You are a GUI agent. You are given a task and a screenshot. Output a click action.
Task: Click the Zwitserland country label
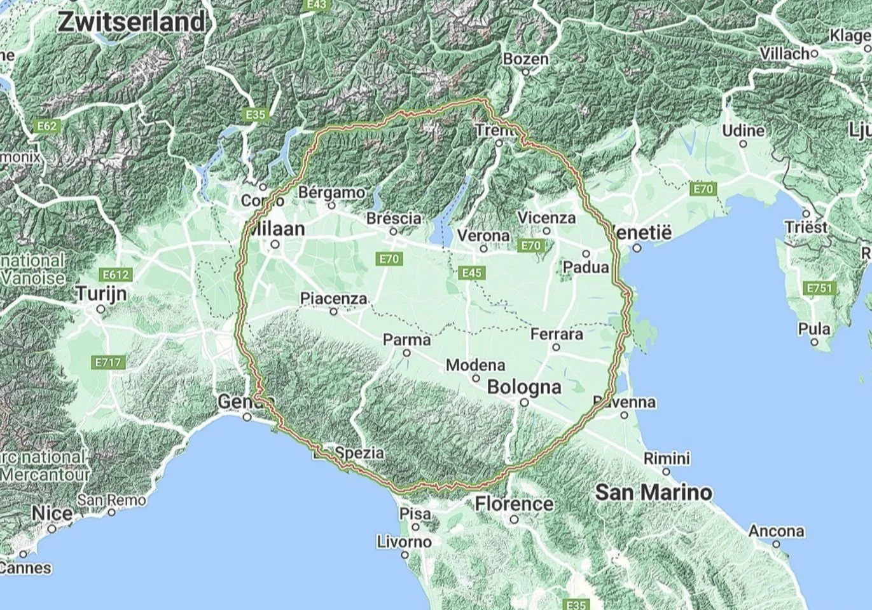[132, 22]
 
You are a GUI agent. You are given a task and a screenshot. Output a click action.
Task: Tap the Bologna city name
[524, 387]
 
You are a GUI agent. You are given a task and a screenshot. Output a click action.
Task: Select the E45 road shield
[472, 273]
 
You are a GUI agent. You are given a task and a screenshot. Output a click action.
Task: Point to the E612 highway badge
[115, 275]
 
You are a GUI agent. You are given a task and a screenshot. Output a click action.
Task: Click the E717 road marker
[107, 362]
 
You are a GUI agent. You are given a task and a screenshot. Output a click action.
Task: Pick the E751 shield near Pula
[819, 288]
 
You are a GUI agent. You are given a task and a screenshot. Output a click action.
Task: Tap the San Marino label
[654, 492]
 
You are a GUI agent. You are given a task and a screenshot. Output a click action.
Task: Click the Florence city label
[514, 504]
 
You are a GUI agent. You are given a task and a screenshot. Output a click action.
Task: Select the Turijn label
[100, 294]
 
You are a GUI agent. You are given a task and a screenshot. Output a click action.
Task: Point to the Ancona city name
[776, 531]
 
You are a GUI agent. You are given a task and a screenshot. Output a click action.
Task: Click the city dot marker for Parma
[407, 353]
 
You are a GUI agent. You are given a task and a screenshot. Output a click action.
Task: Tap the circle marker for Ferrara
[556, 347]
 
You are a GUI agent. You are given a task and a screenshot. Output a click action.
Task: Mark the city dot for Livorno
[405, 555]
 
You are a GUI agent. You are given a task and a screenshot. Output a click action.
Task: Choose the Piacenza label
[333, 298]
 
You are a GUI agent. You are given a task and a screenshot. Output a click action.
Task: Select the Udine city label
[743, 130]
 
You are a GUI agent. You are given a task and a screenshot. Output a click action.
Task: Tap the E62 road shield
[46, 126]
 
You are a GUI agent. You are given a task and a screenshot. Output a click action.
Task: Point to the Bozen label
[525, 59]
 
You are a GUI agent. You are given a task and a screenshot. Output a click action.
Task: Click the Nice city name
[52, 513]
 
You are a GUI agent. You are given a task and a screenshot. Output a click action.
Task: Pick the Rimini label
[667, 458]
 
